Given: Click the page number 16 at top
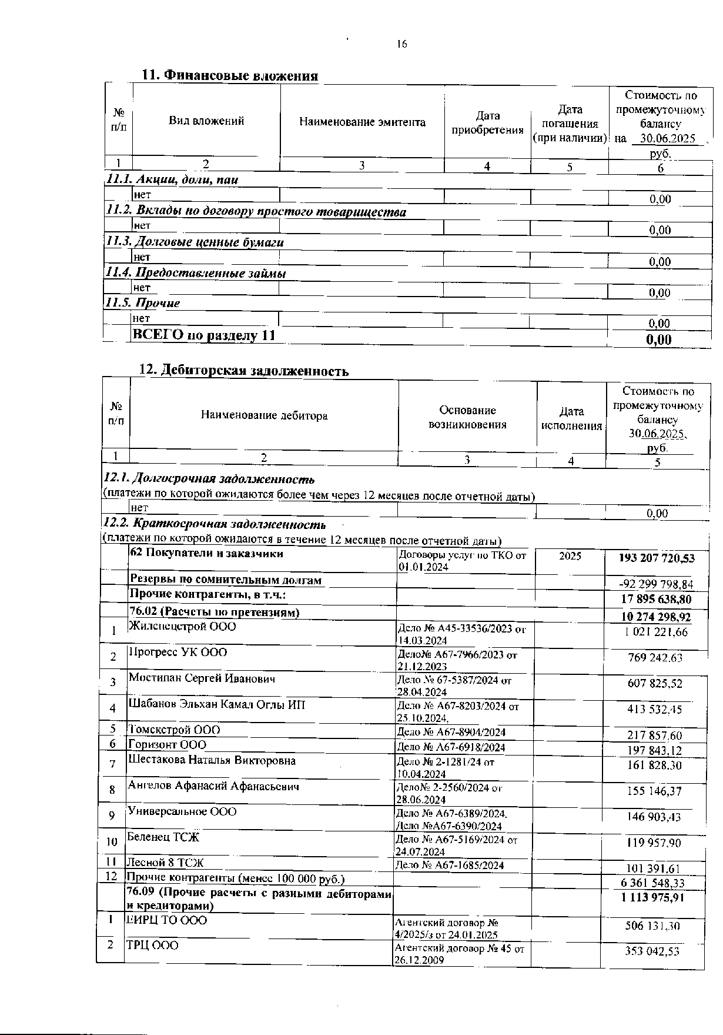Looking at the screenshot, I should (402, 44).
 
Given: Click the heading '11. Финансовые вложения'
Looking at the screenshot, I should (230, 76).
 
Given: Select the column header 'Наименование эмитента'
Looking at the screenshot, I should (362, 122).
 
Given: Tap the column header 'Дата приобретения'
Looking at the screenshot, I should (487, 123).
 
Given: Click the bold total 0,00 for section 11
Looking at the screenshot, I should (658, 340).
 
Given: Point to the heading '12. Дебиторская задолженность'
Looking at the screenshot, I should (243, 371).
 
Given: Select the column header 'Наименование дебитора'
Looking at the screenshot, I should (264, 415).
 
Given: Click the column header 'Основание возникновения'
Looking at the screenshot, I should (467, 417).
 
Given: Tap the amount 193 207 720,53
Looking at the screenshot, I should (657, 558).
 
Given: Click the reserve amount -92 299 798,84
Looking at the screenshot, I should (656, 584).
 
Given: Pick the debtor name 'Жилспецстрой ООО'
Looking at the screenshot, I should (182, 626).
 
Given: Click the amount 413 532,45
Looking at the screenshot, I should (654, 709).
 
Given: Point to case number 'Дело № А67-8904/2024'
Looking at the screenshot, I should (451, 733).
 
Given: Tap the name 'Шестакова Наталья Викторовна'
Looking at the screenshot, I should (212, 760).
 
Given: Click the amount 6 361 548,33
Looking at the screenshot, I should (652, 883).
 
